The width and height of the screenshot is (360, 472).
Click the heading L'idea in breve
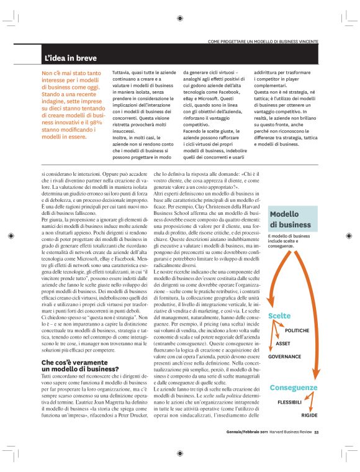[x=70, y=58]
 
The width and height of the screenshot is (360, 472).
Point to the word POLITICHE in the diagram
[x=297, y=330]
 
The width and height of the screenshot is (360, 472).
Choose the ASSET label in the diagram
[x=283, y=343]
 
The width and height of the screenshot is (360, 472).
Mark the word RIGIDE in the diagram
[x=310, y=414]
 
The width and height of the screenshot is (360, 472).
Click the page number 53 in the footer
[x=317, y=432]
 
